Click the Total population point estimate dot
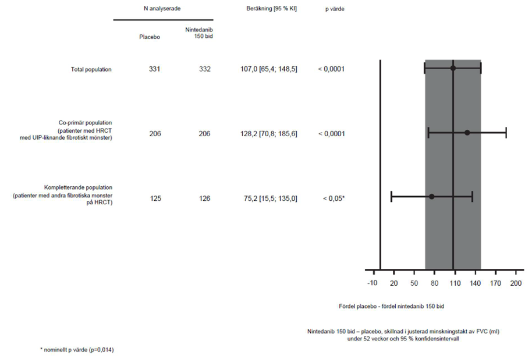453,69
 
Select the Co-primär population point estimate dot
467,133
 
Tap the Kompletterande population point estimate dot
431,196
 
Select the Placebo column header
150,37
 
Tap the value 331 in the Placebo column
154,69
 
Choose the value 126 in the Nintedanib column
204,198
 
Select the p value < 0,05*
333,198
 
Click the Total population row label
91,70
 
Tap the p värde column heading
334,10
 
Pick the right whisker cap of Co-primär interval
506,133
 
